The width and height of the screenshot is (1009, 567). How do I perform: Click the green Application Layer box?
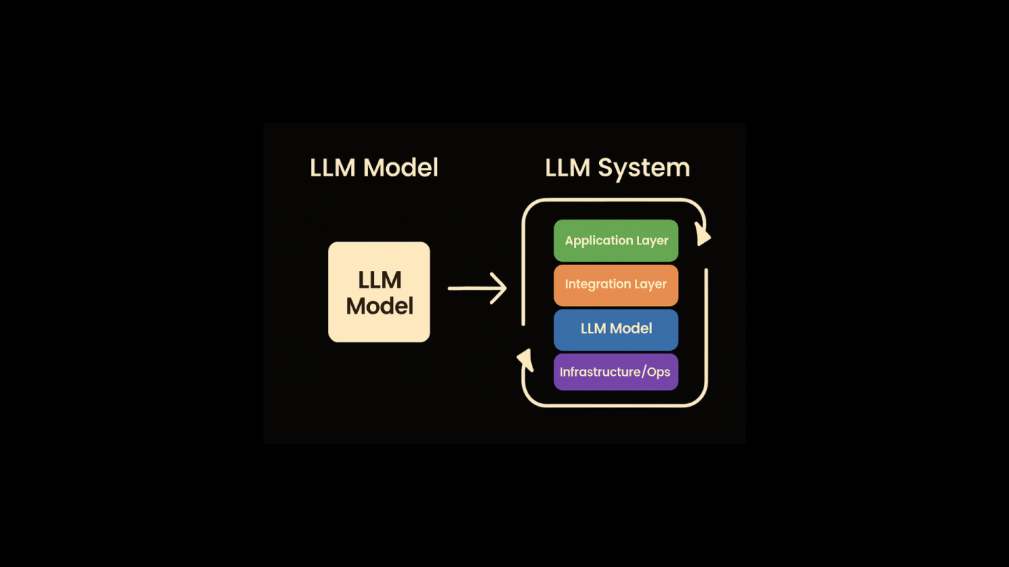[x=616, y=240]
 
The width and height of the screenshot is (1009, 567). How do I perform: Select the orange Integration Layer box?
[x=616, y=285]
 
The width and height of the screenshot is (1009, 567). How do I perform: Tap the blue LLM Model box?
[x=616, y=329]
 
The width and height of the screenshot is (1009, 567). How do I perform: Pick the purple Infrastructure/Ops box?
[x=616, y=372]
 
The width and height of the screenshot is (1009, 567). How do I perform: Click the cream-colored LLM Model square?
[x=379, y=292]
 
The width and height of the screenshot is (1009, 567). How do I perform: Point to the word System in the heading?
[x=643, y=168]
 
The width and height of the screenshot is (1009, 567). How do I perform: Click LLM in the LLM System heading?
[x=568, y=168]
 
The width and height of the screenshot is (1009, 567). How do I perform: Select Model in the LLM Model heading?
[x=401, y=168]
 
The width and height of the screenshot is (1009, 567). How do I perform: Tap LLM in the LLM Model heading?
[x=333, y=168]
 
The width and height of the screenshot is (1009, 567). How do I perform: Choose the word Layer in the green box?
[x=652, y=241]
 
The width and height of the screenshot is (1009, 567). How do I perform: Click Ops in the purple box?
[x=659, y=372]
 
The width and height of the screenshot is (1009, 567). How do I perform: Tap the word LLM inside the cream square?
[x=379, y=280]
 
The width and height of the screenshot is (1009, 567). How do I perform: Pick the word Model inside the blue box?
[x=631, y=329]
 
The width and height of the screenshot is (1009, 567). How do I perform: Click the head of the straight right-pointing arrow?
[x=500, y=288]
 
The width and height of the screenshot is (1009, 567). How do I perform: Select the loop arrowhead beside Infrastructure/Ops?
[x=525, y=360]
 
